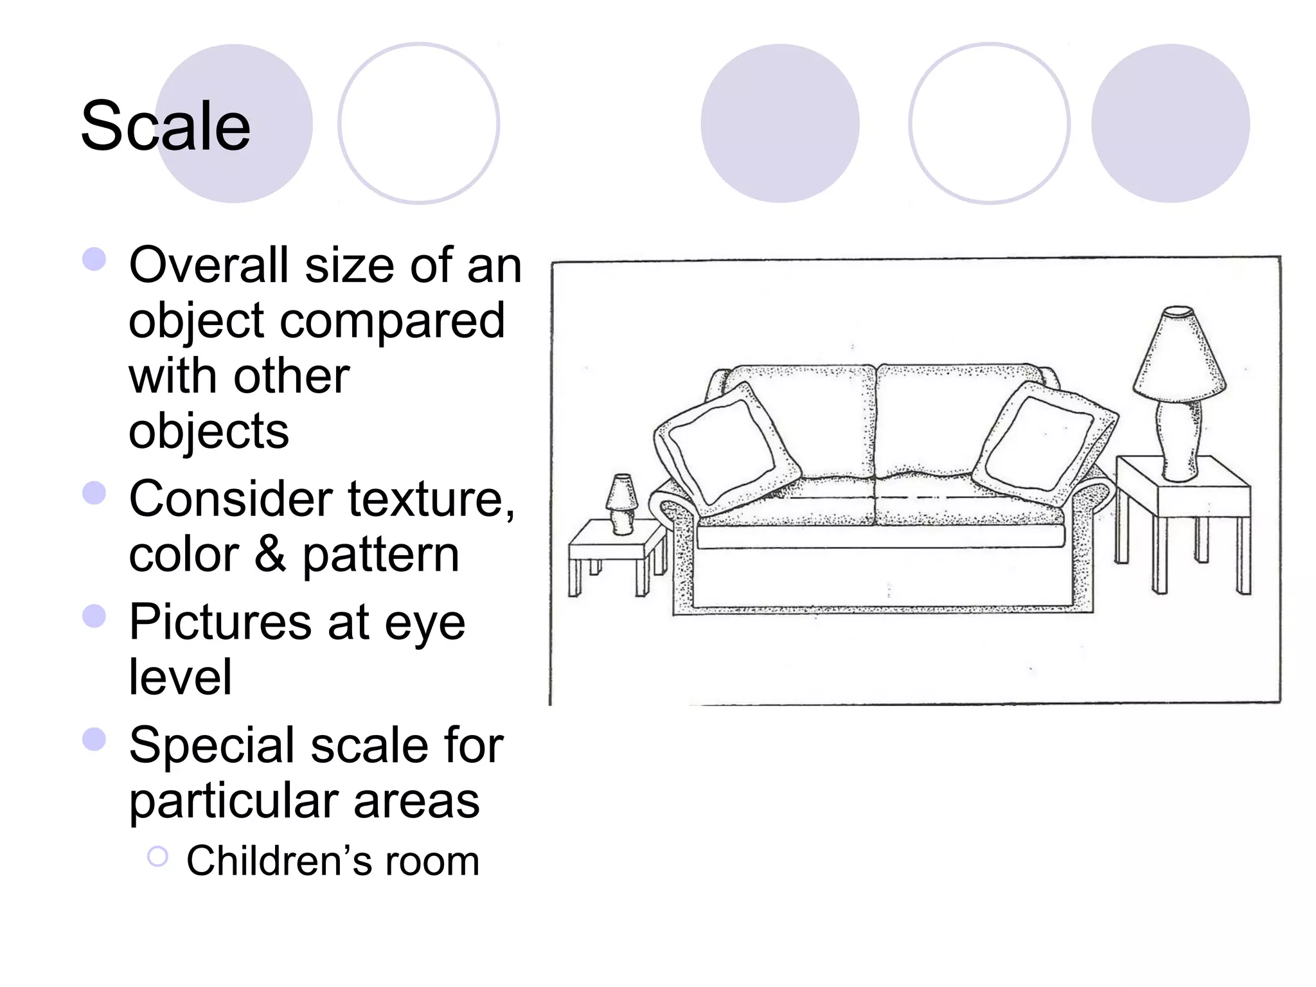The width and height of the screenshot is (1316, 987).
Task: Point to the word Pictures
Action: point(220,622)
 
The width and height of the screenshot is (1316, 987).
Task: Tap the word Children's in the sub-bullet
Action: point(278,861)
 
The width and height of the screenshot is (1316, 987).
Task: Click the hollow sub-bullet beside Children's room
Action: point(157,857)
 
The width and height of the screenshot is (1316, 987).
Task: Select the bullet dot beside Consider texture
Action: point(94,493)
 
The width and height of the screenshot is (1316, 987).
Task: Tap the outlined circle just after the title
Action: point(418,123)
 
